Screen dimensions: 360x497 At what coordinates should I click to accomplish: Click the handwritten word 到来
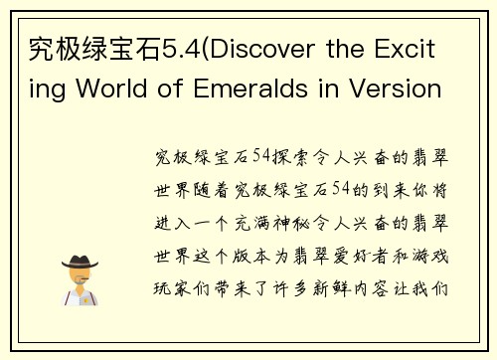click(387, 190)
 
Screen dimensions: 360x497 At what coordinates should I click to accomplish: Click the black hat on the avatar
click(81, 261)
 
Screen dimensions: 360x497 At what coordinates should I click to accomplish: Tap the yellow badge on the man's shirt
click(87, 294)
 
